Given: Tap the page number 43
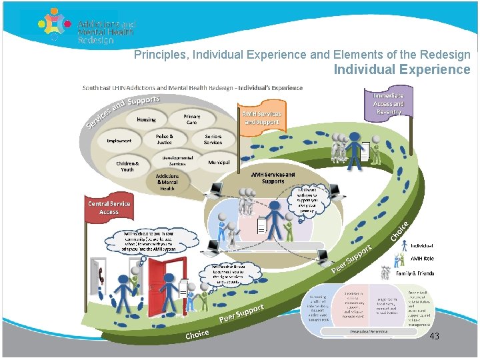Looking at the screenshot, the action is click(x=434, y=336).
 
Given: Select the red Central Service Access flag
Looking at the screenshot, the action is click(x=109, y=207).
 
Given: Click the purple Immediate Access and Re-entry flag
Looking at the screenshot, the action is click(x=388, y=104).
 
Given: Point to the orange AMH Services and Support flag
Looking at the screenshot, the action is click(x=262, y=118).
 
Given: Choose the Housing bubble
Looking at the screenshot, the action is click(x=147, y=120).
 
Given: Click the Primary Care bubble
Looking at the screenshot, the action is click(x=191, y=119).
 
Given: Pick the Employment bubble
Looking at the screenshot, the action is click(x=119, y=141).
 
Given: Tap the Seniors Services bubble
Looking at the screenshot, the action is click(x=213, y=139).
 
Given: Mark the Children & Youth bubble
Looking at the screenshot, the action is click(x=127, y=167).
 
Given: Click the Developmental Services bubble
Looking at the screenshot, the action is click(x=177, y=161).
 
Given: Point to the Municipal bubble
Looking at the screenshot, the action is click(x=219, y=162).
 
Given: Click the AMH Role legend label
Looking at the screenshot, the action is click(x=421, y=258).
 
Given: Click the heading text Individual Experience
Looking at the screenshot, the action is click(x=401, y=69).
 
